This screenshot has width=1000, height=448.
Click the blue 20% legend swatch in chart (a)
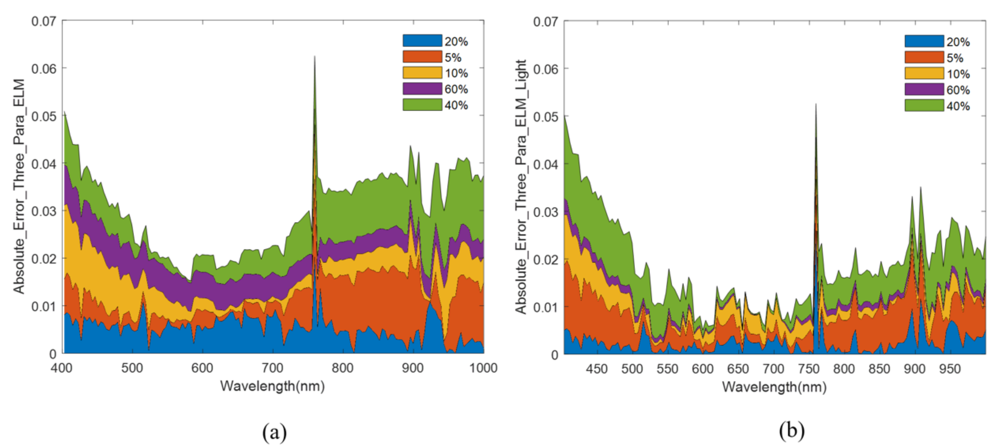click(422, 41)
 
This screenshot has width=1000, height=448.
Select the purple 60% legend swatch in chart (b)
click(924, 89)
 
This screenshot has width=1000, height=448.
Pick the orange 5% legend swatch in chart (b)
click(924, 58)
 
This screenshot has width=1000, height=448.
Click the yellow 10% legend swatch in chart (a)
click(422, 73)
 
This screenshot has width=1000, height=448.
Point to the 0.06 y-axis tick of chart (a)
click(44, 69)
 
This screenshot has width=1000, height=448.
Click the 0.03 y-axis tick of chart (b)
click(546, 212)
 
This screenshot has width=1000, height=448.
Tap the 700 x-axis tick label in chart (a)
click(272, 368)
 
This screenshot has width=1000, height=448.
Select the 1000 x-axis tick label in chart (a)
click(483, 368)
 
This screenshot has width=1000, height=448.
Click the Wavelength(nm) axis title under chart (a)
click(272, 386)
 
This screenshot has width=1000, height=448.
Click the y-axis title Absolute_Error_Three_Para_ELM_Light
click(521, 186)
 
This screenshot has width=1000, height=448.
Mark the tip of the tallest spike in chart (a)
click(314, 57)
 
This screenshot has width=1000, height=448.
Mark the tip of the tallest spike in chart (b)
click(816, 104)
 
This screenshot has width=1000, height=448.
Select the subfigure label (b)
click(791, 430)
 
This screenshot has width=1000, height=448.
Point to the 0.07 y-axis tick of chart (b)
click(546, 21)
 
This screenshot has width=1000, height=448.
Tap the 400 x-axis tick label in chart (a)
click(61, 368)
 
